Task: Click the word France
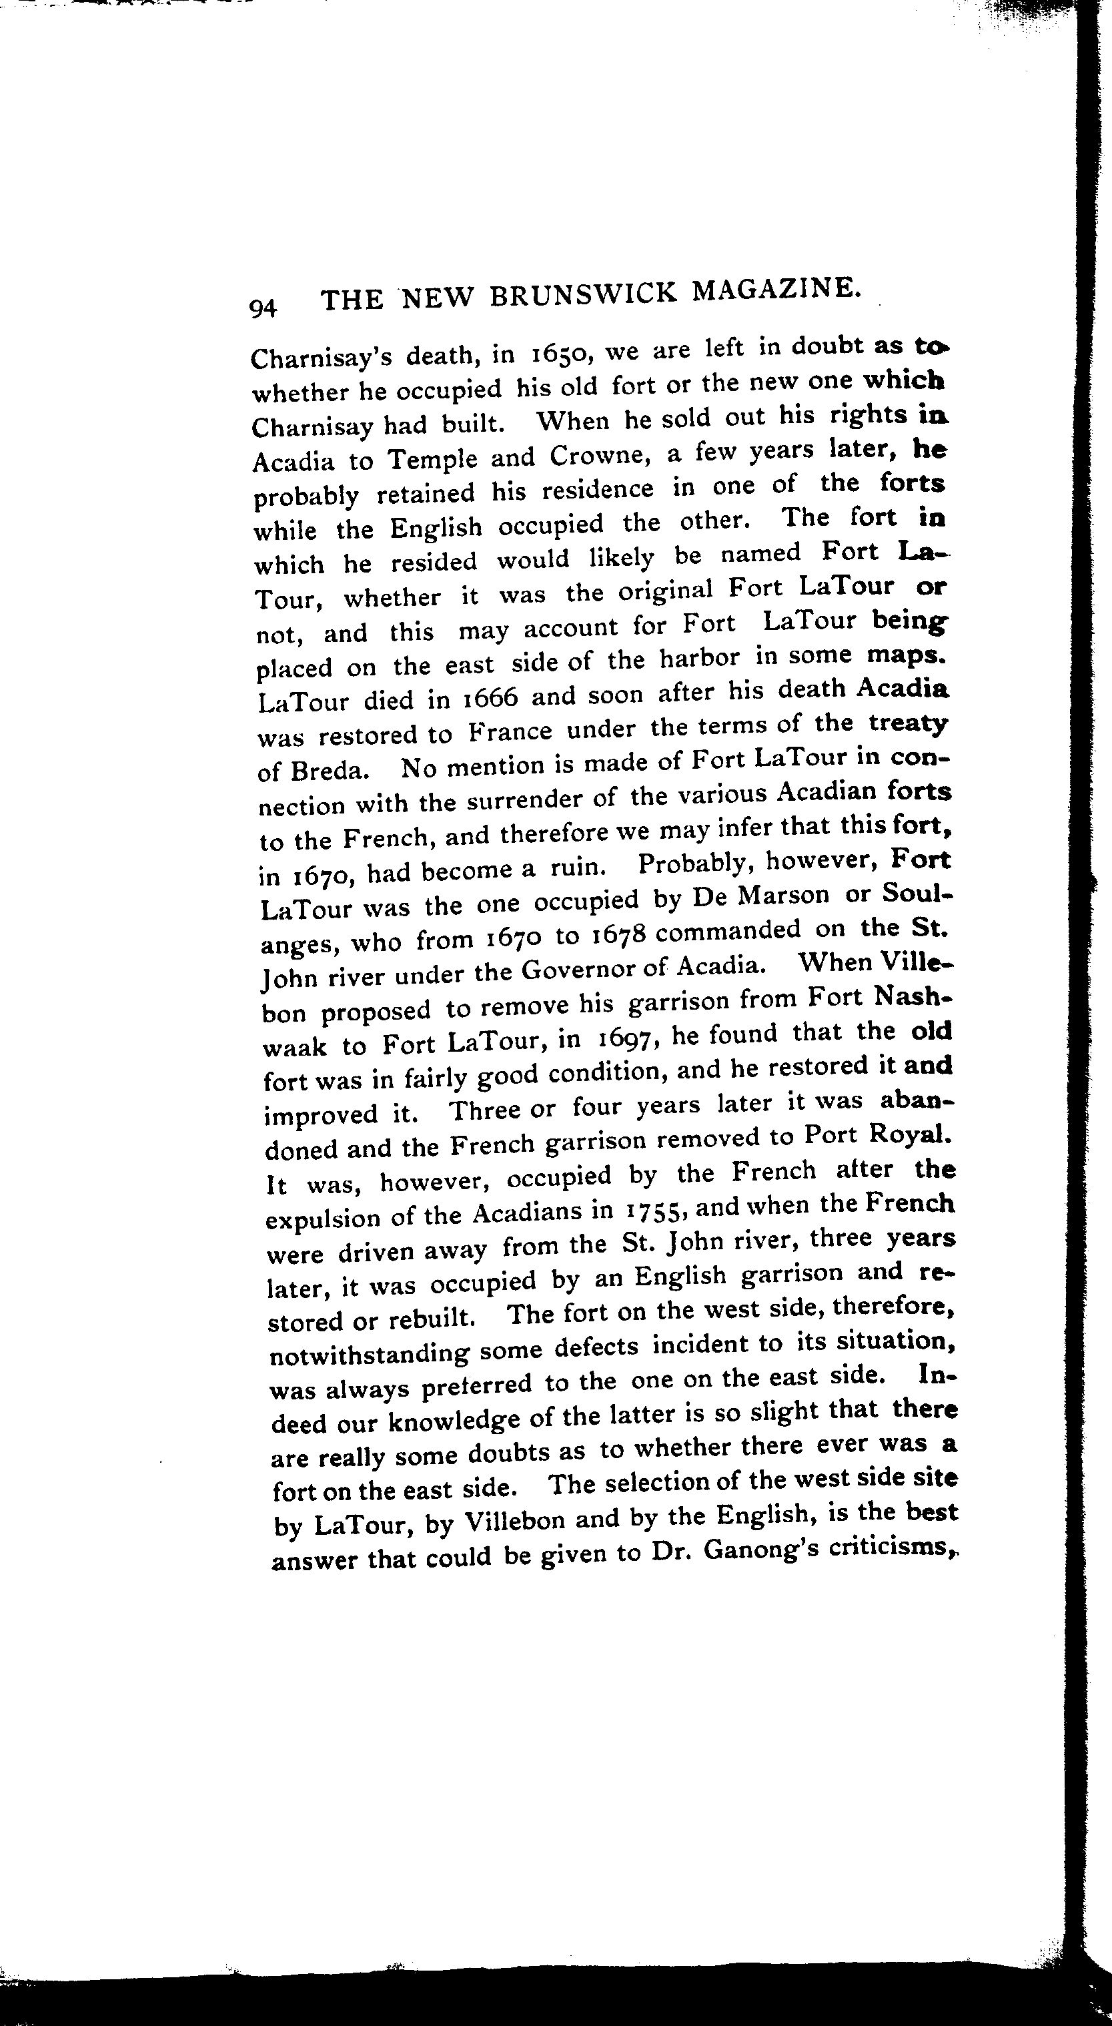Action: tap(511, 731)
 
